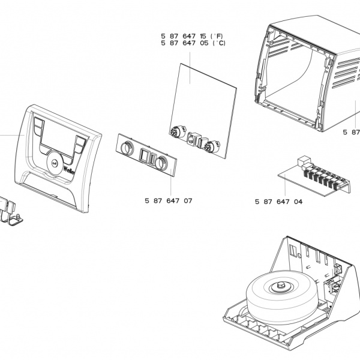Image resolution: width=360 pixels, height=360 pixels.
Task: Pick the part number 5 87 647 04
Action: point(278,202)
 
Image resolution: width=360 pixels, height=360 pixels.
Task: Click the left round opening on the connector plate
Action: point(127,149)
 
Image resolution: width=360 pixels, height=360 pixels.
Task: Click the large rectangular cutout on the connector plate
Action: point(146,155)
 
